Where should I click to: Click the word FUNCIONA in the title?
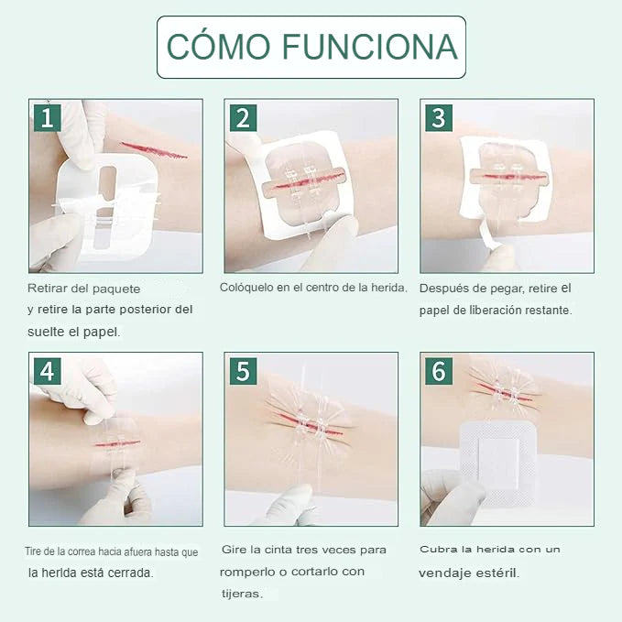(x=370, y=47)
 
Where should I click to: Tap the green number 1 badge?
(x=48, y=118)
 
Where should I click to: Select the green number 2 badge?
(x=243, y=118)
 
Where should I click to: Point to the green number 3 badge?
(x=439, y=118)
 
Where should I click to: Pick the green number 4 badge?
(x=48, y=371)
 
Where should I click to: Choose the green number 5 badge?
(x=243, y=371)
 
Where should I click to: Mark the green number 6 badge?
(x=439, y=371)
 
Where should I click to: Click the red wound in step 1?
(x=154, y=150)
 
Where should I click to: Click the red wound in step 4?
(x=117, y=443)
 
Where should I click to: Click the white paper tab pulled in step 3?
(x=488, y=235)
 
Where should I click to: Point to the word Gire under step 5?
(x=232, y=550)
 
